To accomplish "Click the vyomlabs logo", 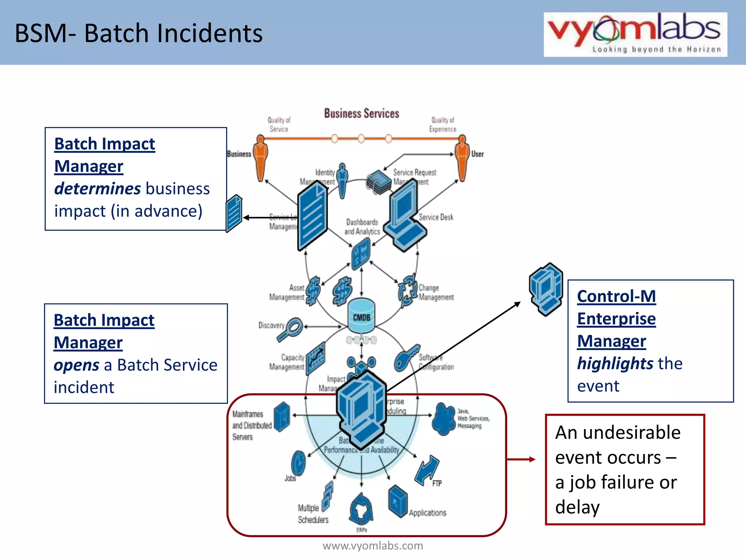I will pos(635,34).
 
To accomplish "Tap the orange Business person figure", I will pos(260,157).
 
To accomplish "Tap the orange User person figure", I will pos(462,157).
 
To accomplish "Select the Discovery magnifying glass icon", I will pos(291,329).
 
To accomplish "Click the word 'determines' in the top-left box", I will pos(97,189).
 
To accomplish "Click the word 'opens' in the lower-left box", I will pos(76,365).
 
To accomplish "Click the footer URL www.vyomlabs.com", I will pos(373,546).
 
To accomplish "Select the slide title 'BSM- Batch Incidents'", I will pos(138,33).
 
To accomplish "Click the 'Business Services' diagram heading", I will pos(361,114).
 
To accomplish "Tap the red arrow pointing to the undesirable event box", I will pos(521,459).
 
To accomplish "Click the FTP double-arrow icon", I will pos(427,470).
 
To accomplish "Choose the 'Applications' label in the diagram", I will pos(427,513).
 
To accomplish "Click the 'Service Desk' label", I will pos(436,217).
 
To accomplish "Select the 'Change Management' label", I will pos(436,293).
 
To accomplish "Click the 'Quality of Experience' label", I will pos(443,125).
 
